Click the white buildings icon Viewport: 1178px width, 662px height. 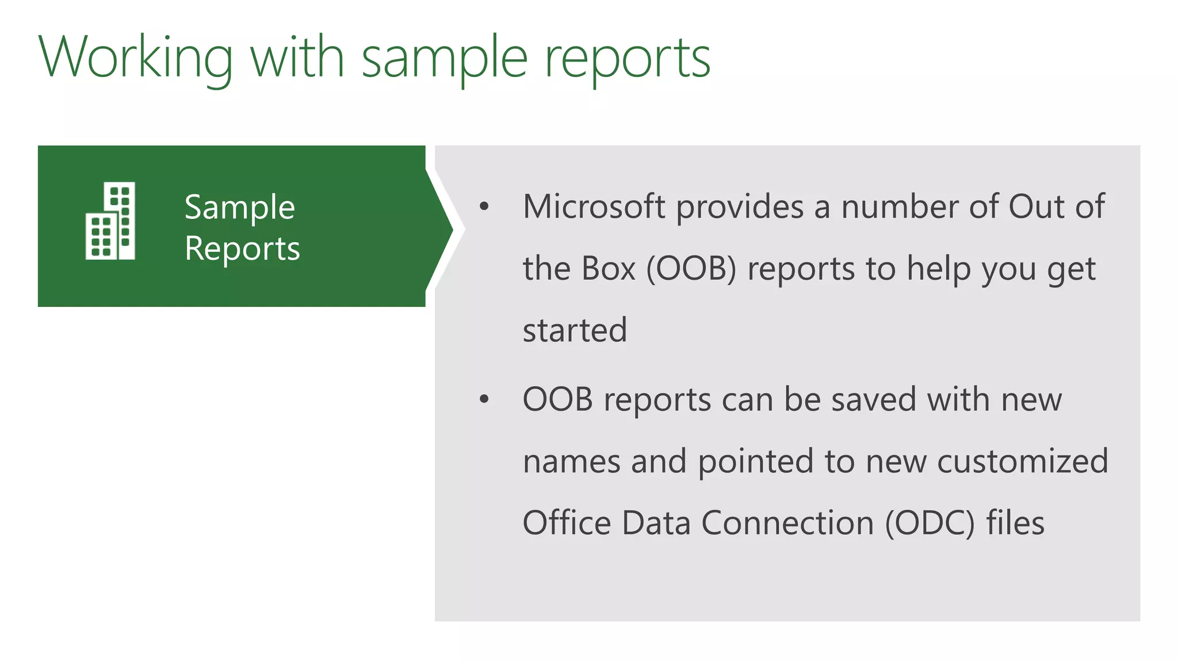110,221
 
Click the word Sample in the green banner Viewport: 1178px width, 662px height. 239,207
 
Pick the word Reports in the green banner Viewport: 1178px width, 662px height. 242,249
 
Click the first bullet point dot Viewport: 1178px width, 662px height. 484,206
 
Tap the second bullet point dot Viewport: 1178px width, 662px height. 484,399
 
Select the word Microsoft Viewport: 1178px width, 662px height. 594,206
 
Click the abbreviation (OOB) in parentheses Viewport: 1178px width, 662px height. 691,269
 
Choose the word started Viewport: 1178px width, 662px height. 575,330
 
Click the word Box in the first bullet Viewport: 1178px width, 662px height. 609,268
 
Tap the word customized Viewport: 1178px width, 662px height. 1022,461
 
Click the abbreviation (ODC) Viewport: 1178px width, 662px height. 930,523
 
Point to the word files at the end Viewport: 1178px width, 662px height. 1015,523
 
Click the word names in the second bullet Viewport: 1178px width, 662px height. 572,461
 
